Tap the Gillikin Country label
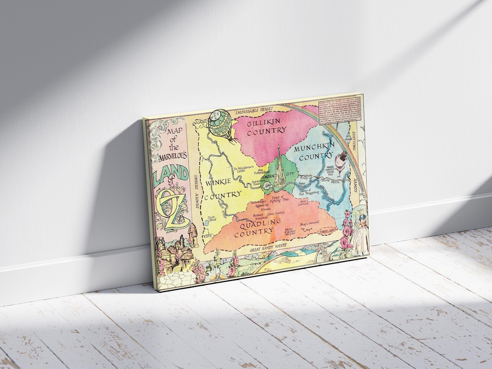267,126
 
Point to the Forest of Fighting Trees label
279,199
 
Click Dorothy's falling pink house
342,161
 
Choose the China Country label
276,213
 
